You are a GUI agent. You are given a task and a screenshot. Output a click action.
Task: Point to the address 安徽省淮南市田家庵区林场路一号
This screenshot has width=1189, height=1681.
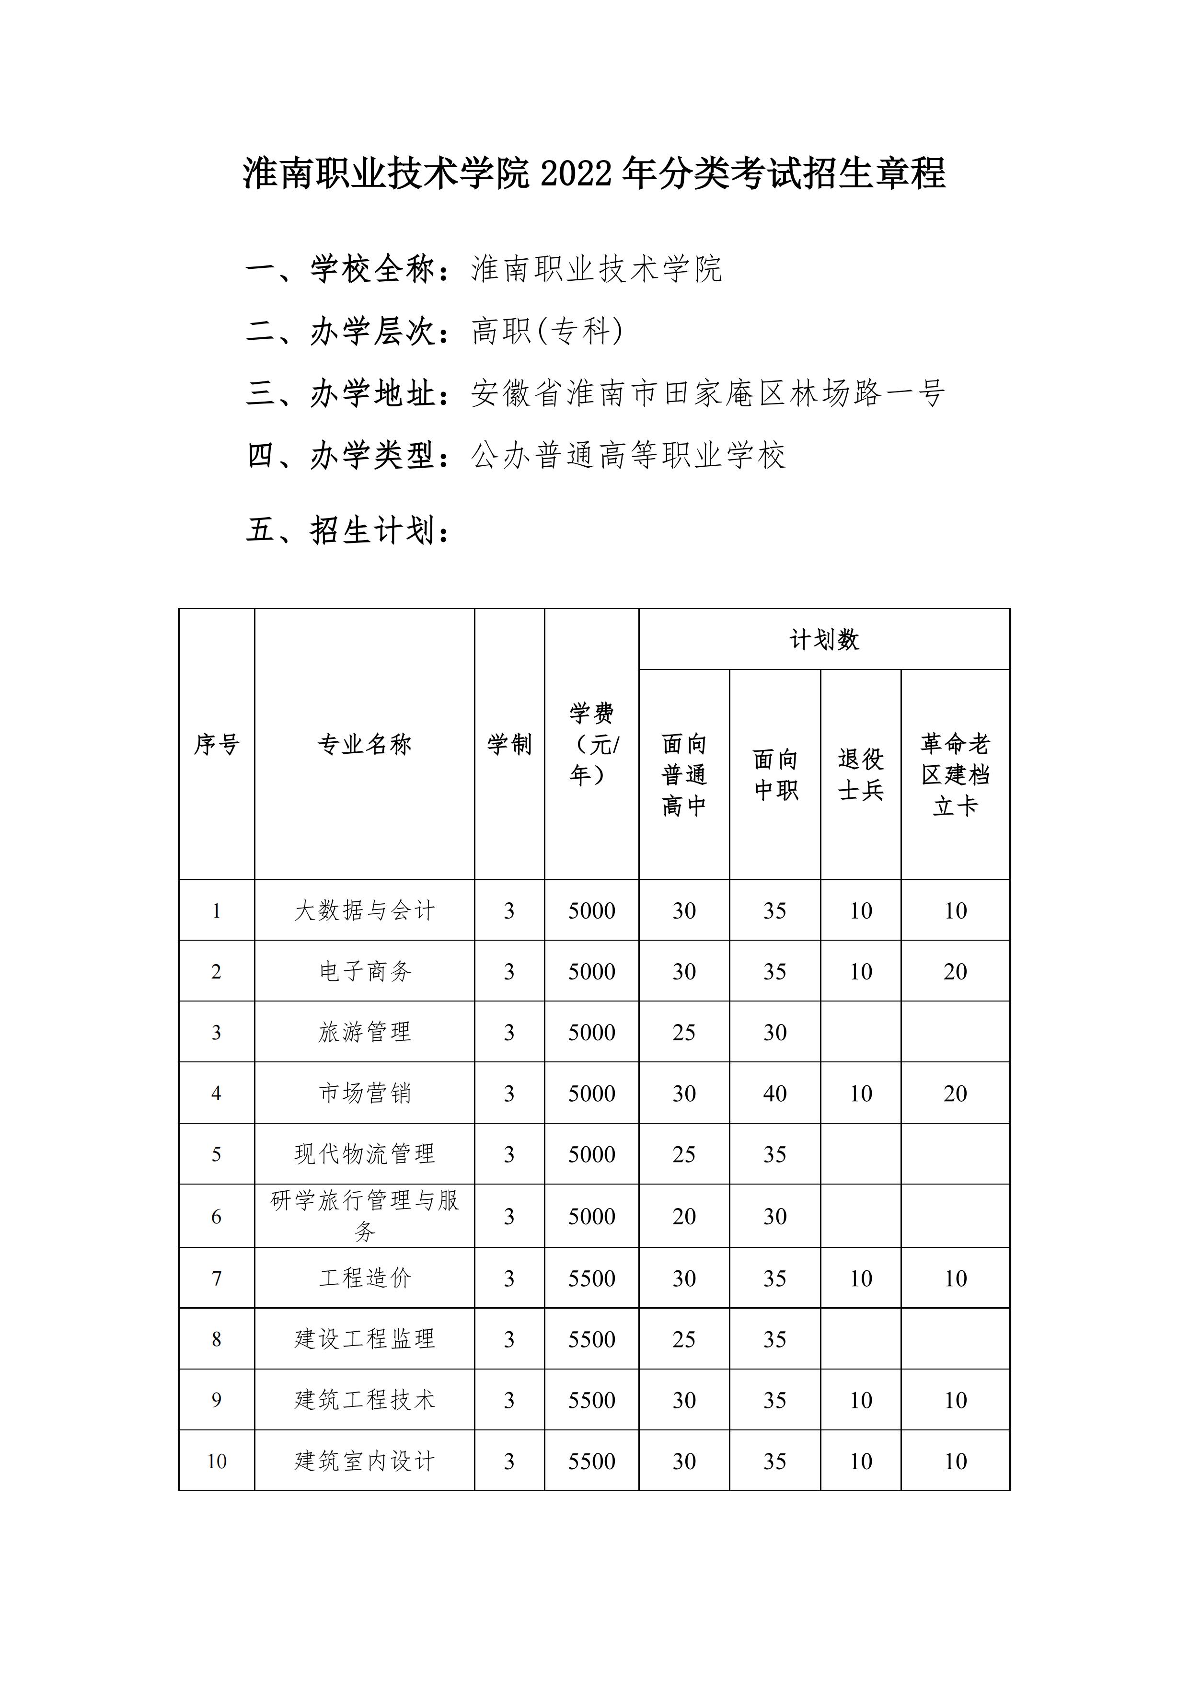pos(708,393)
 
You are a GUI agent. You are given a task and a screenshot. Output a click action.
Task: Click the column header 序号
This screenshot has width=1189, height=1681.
pos(217,745)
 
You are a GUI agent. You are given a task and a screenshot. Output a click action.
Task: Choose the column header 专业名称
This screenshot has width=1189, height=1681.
pos(365,745)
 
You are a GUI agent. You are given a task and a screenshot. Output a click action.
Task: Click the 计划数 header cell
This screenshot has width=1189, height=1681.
pos(824,640)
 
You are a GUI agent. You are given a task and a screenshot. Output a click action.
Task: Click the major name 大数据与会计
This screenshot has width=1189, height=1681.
pos(365,911)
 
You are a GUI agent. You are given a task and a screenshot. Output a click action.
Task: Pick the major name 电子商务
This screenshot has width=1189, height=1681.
pos(365,971)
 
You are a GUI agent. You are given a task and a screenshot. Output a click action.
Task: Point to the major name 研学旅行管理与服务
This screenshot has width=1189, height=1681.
pos(365,1216)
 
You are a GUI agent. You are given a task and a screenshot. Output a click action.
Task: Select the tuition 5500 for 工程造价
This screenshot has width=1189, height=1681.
pos(591,1278)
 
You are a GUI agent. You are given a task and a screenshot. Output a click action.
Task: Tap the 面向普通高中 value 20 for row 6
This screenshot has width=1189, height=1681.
pos(684,1217)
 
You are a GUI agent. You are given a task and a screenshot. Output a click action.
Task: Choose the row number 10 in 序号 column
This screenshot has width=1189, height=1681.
pos(217,1462)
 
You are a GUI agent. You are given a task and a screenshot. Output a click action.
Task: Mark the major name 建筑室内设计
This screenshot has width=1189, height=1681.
pos(365,1462)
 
